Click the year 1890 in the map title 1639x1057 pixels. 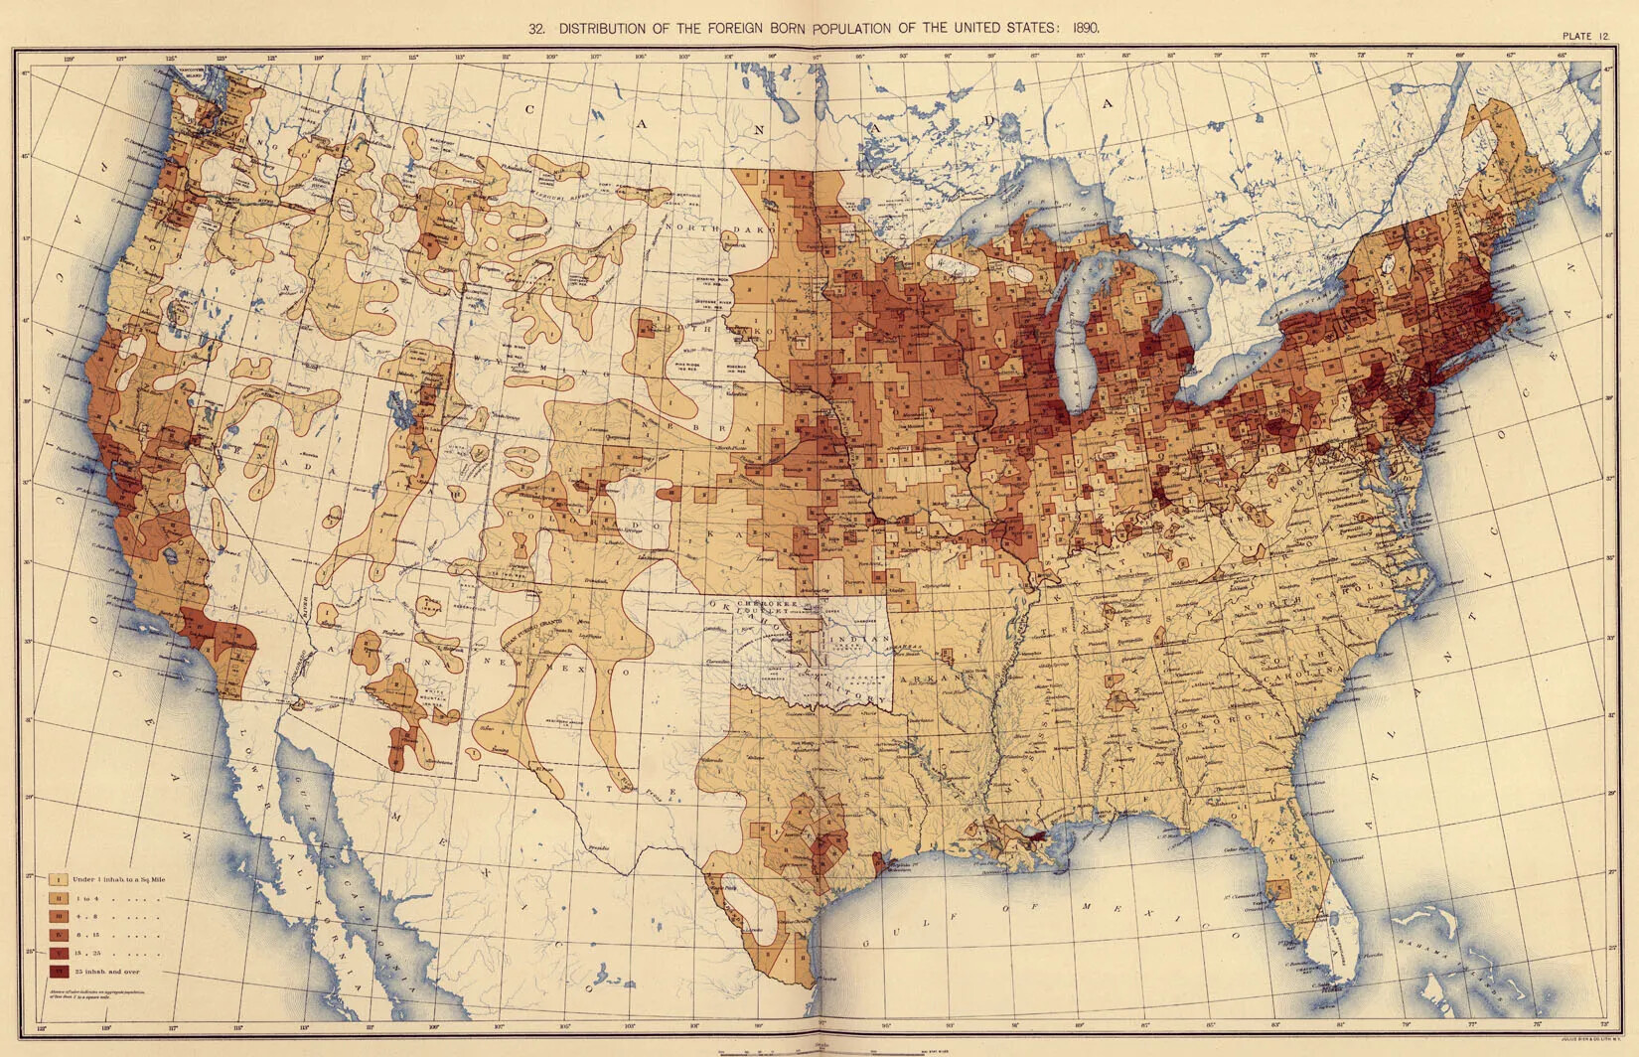pos(1085,29)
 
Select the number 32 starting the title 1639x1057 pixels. pos(536,29)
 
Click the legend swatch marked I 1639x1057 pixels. pos(59,879)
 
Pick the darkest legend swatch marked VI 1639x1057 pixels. pos(59,971)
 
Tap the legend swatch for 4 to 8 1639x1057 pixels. pos(59,916)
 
